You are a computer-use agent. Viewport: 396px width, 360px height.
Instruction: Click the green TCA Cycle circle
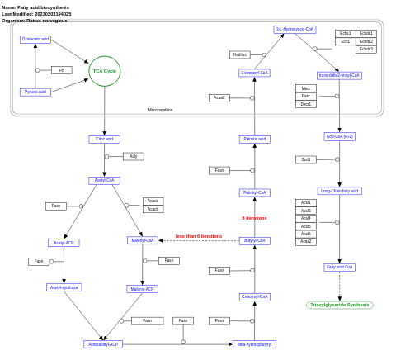[105, 71]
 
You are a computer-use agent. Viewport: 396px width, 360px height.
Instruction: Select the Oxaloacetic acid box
[35, 40]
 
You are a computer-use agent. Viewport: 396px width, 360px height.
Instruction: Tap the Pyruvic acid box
[35, 92]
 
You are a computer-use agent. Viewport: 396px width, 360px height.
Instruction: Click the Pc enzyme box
[61, 70]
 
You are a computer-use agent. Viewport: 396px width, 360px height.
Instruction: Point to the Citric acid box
[104, 140]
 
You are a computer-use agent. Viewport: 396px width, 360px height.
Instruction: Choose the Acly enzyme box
[133, 156]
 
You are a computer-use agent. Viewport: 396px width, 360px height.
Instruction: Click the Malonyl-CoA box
[143, 240]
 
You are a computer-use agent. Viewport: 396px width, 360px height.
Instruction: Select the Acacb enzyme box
[153, 209]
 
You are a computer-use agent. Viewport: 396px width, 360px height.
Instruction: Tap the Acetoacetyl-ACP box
[103, 344]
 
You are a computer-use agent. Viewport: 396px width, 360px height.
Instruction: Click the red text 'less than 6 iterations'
[198, 236]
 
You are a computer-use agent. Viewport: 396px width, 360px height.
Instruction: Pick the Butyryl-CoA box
[255, 241]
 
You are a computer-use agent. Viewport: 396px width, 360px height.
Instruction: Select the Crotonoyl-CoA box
[255, 296]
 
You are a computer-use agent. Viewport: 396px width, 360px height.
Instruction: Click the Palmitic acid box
[255, 139]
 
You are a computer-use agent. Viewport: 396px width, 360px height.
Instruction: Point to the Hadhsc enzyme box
[240, 54]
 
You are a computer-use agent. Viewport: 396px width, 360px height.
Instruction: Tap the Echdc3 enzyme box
[366, 49]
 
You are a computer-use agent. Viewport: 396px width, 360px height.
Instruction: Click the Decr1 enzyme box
[306, 104]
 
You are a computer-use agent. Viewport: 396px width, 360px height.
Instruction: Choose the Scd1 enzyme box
[306, 159]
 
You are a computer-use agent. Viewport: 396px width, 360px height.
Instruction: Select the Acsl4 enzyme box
[306, 218]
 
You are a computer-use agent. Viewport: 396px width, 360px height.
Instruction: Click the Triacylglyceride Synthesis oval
[340, 305]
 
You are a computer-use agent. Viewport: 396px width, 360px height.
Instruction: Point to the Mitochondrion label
[160, 110]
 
